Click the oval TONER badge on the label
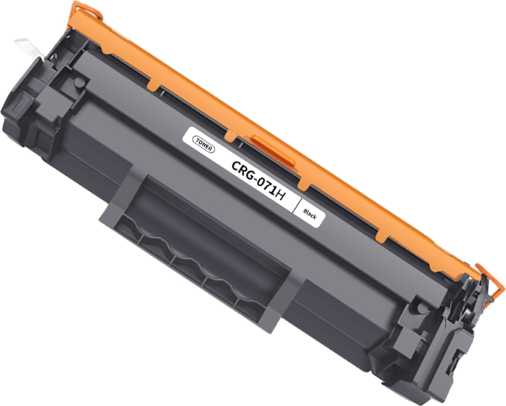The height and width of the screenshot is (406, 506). tap(204, 142)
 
